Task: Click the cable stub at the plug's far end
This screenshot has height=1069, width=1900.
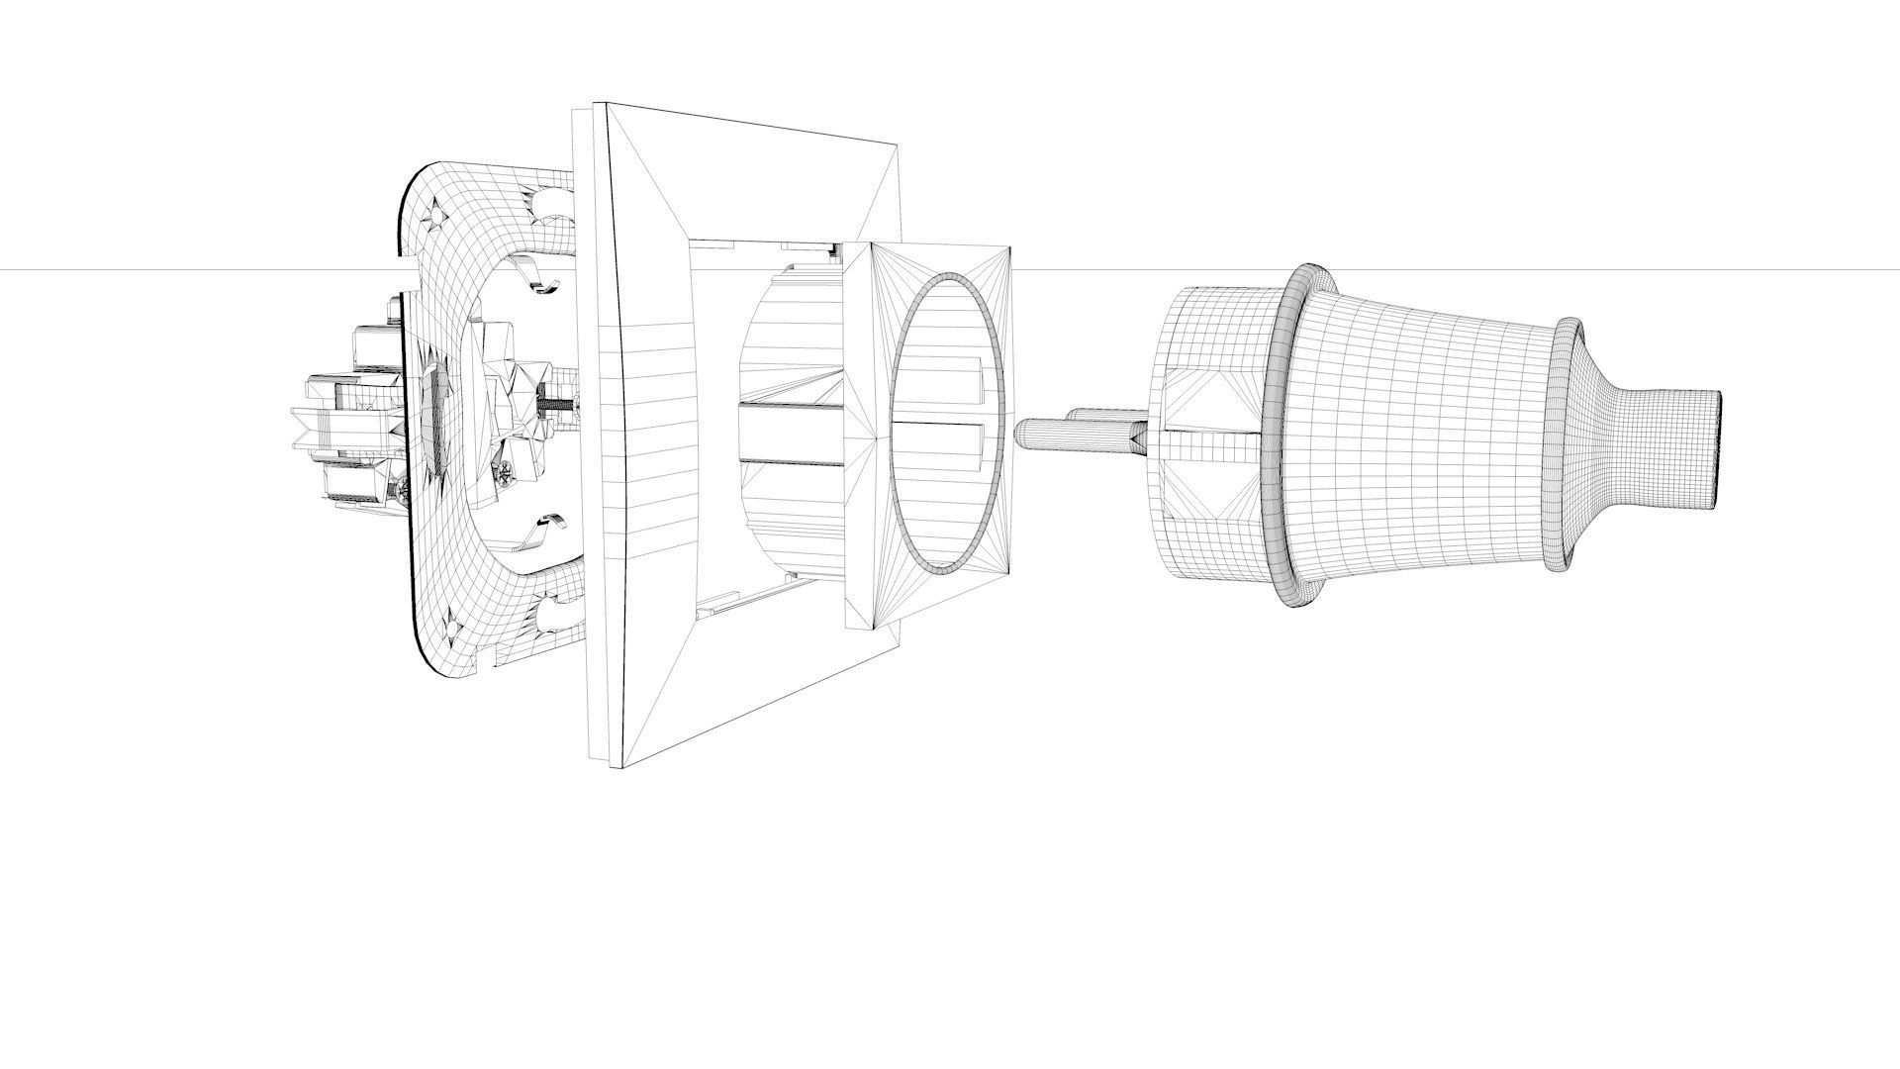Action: point(1682,447)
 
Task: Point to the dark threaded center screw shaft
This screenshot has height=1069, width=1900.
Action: point(554,405)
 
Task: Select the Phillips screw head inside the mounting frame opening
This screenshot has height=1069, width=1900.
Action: point(506,474)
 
